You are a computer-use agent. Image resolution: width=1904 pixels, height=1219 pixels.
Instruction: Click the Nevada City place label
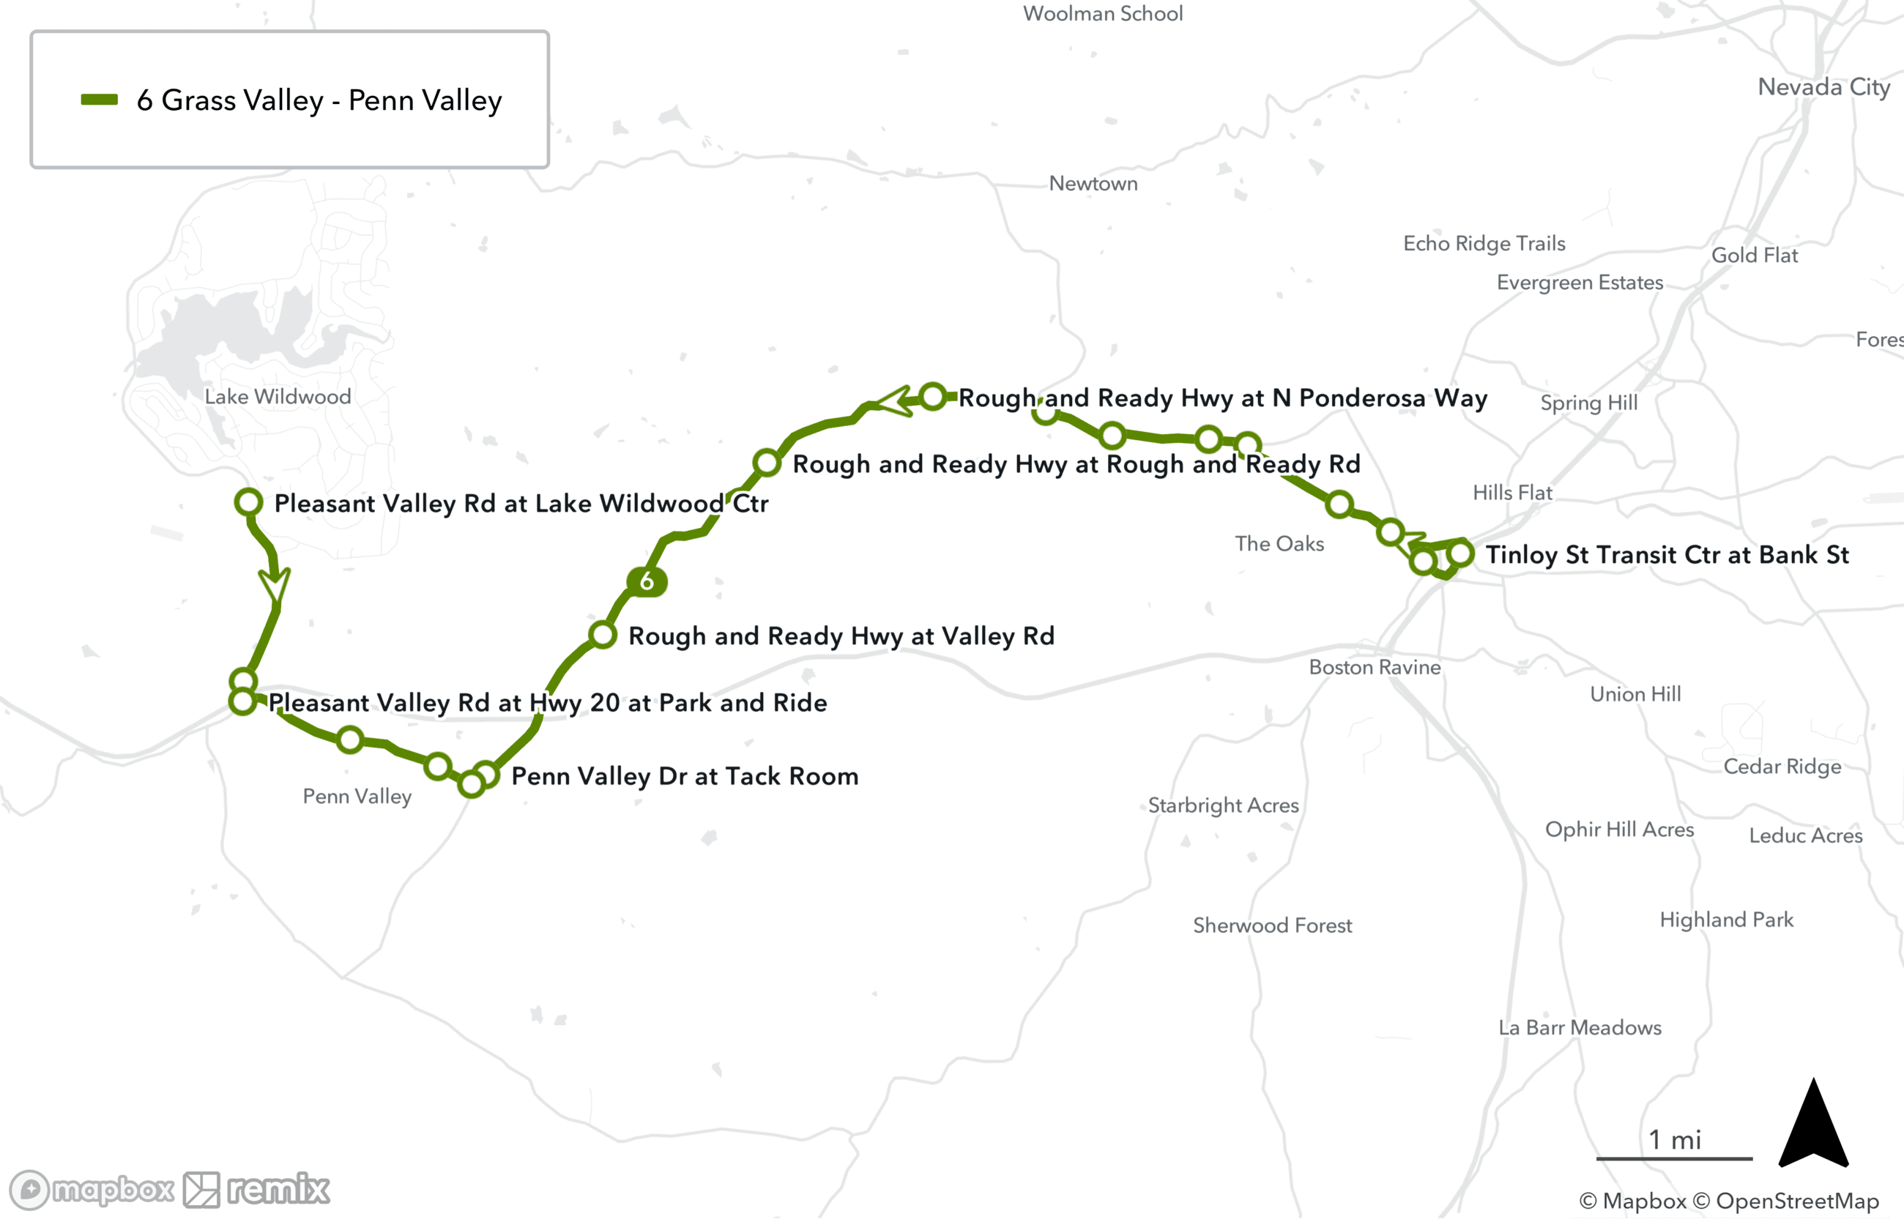click(1823, 87)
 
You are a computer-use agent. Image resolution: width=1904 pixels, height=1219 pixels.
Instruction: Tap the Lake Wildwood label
click(277, 397)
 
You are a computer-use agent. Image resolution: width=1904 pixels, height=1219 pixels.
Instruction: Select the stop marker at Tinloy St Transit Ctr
click(1460, 553)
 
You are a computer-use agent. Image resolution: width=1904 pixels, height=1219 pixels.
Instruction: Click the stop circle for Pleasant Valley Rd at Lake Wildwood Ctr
click(248, 502)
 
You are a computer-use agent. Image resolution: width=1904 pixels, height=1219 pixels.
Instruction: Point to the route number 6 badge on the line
click(647, 582)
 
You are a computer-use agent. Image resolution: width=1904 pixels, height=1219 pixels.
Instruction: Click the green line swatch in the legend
click(99, 100)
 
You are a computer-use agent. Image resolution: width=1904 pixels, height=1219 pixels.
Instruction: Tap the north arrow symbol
click(1813, 1124)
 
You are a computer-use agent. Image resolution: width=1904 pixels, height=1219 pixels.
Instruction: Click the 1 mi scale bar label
click(1674, 1140)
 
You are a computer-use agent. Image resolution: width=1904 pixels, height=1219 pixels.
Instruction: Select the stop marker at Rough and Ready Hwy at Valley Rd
click(603, 635)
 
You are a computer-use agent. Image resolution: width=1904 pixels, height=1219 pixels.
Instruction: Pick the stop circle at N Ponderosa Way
click(934, 397)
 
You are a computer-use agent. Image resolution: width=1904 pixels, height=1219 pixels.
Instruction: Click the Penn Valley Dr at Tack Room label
click(685, 777)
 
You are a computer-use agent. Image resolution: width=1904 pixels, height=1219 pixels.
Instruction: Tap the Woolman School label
click(1103, 13)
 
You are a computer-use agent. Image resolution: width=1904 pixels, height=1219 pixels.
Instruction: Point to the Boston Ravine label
click(1375, 667)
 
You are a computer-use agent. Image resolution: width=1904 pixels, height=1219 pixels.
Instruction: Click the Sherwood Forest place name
click(1272, 925)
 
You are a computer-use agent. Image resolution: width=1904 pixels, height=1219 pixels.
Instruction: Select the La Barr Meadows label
click(1580, 1027)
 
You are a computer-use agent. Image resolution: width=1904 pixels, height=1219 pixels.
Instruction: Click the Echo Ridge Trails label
click(1484, 244)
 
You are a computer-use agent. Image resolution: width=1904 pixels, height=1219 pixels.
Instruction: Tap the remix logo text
click(278, 1190)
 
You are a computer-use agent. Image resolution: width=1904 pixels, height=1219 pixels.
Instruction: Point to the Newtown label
click(1093, 184)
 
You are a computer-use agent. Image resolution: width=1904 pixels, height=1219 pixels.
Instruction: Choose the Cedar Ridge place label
click(1782, 767)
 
